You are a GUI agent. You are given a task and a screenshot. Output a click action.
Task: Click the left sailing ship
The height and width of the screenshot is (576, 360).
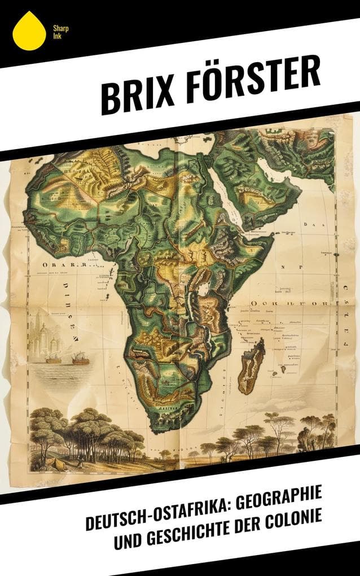[x=53, y=358]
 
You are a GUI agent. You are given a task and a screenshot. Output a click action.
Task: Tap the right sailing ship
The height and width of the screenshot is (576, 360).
[x=80, y=358]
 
